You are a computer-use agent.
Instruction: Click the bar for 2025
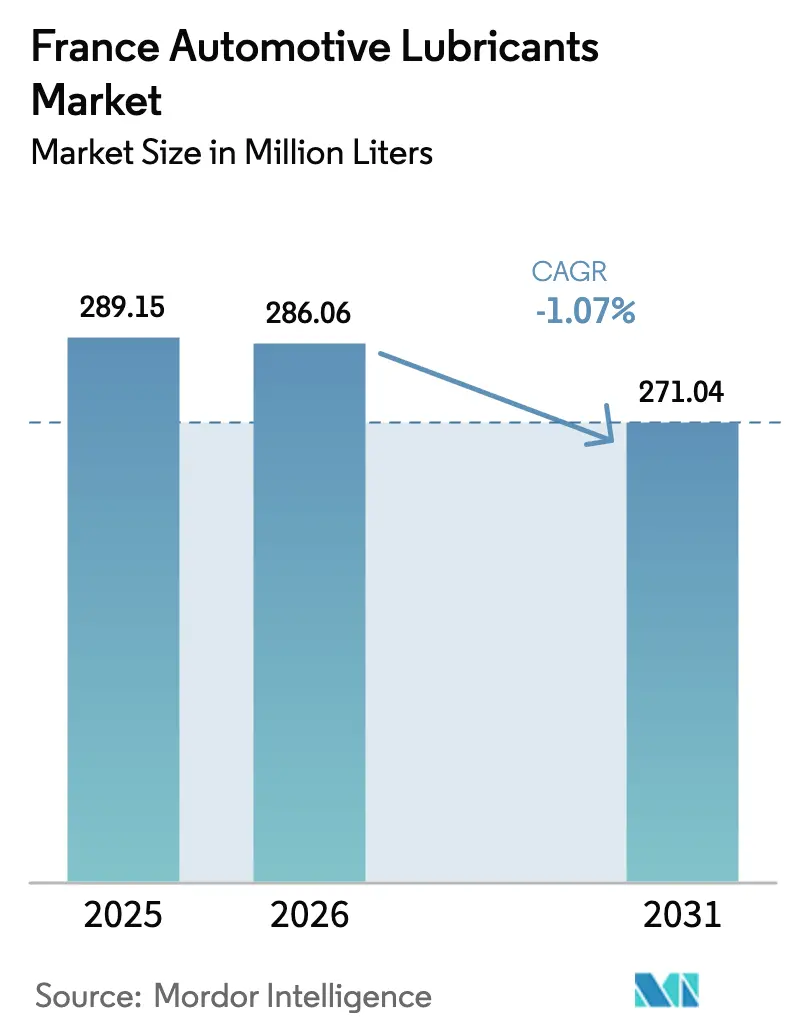tap(123, 610)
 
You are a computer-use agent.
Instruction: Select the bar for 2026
tap(309, 612)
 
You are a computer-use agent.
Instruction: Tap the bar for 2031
tap(683, 650)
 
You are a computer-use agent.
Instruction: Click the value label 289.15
tap(123, 307)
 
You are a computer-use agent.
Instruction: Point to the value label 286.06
tap(309, 313)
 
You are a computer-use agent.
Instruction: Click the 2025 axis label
tap(123, 914)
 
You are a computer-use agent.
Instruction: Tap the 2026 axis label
tap(309, 914)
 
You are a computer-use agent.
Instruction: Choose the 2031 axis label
tap(683, 914)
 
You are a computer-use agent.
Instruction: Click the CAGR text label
tap(569, 271)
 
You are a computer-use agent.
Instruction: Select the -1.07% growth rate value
tap(585, 312)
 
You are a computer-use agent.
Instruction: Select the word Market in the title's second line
tap(97, 100)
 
